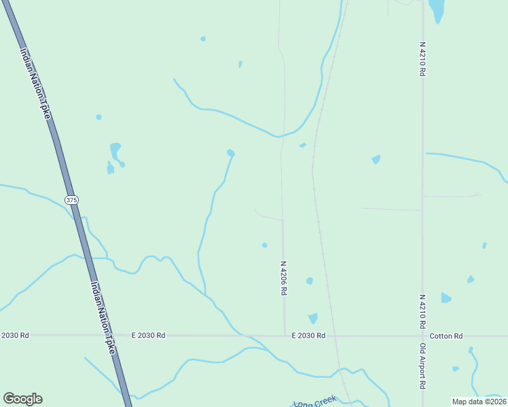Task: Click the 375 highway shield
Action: (x=72, y=199)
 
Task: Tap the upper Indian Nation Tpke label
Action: (x=35, y=84)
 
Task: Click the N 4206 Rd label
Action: (x=284, y=278)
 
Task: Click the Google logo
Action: (x=22, y=399)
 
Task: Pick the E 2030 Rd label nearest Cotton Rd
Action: (x=308, y=336)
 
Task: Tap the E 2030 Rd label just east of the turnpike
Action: (x=149, y=336)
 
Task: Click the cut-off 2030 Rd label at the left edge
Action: (x=15, y=336)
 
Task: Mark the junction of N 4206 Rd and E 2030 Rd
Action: (x=285, y=336)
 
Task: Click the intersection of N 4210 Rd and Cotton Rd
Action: (x=422, y=336)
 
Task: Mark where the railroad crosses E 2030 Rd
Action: (x=335, y=336)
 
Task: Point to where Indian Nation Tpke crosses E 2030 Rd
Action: (x=109, y=336)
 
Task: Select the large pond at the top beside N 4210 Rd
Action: (x=437, y=9)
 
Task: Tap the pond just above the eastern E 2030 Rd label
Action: (x=313, y=317)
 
